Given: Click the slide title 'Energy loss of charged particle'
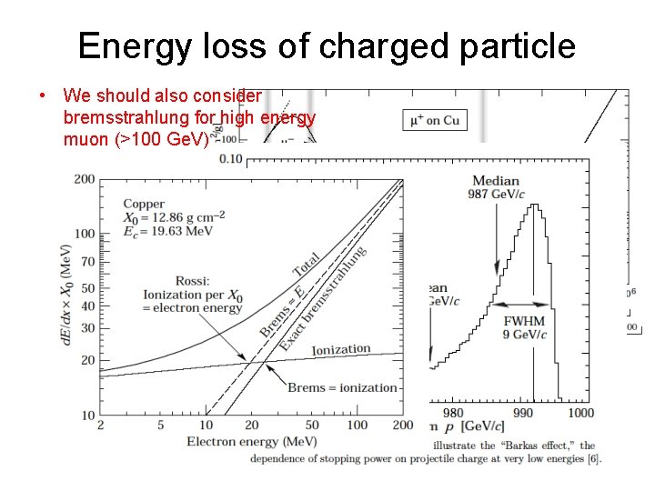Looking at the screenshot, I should [327, 45].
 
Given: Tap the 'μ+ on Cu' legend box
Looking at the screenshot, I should [435, 119].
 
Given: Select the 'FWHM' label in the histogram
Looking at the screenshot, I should [524, 321].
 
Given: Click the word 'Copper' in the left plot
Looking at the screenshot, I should [144, 204].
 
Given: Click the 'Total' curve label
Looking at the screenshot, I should [306, 265].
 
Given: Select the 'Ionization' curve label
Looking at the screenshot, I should [341, 349].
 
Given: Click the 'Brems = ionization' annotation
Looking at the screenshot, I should [342, 387].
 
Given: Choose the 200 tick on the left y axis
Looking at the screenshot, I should [85, 179].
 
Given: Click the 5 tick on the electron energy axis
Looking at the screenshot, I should [160, 425].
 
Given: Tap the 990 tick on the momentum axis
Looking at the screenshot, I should [523, 413].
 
